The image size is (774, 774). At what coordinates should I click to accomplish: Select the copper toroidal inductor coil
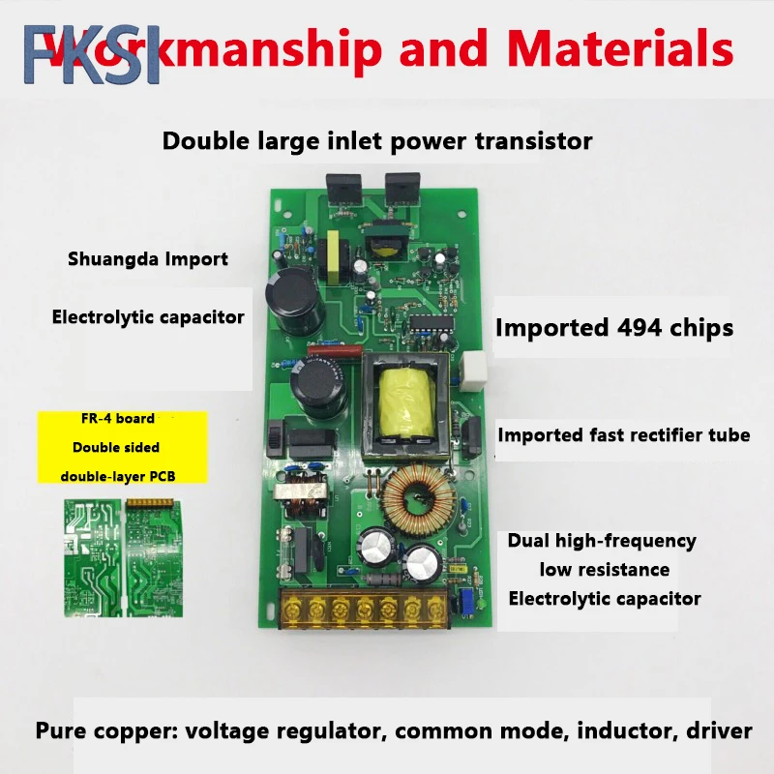pos(418,495)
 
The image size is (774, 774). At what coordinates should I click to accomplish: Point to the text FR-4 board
pos(118,420)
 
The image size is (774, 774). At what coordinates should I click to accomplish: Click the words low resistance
pos(604,569)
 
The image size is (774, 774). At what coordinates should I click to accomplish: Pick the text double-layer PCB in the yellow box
pos(119,475)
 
